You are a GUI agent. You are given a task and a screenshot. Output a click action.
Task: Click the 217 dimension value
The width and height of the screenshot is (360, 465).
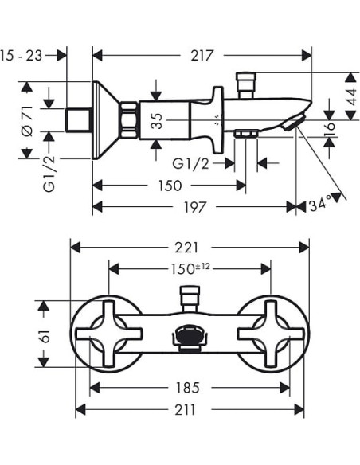[202, 56]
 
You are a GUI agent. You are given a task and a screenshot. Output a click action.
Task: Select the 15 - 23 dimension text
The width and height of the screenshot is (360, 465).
[22, 56]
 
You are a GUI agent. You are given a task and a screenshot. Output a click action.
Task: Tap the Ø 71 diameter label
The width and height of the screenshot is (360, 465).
[28, 122]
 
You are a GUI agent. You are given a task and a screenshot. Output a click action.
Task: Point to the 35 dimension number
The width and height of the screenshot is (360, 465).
[157, 121]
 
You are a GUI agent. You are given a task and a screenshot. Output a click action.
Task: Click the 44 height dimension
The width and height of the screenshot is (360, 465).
[352, 96]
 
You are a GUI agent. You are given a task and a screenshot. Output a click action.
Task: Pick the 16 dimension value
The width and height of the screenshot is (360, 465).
[330, 129]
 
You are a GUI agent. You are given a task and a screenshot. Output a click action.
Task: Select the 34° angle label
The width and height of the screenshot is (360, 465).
[319, 205]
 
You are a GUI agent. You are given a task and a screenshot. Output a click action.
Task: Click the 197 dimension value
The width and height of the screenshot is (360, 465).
[195, 207]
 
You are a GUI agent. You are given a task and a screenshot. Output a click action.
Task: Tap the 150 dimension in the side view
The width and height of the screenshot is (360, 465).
[170, 186]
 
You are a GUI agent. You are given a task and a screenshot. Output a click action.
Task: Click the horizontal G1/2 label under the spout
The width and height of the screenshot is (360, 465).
[191, 163]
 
